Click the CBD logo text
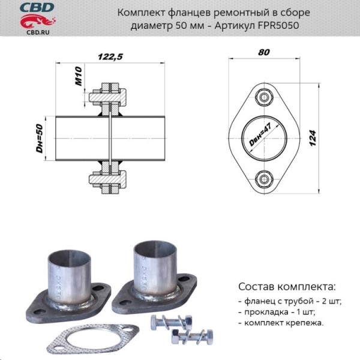coord(37,7)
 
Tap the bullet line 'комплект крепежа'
coord(280,323)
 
